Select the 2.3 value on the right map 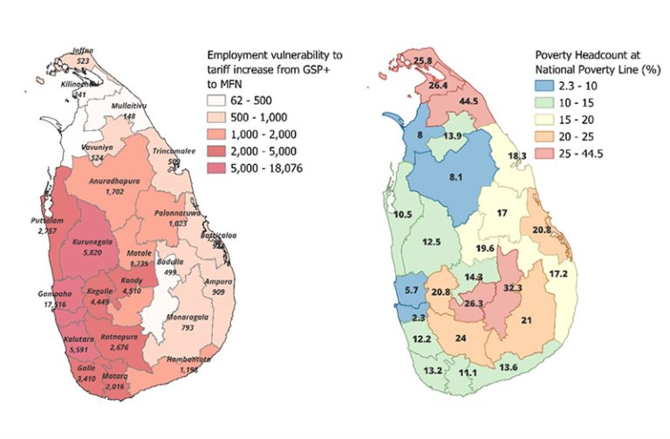418,319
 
